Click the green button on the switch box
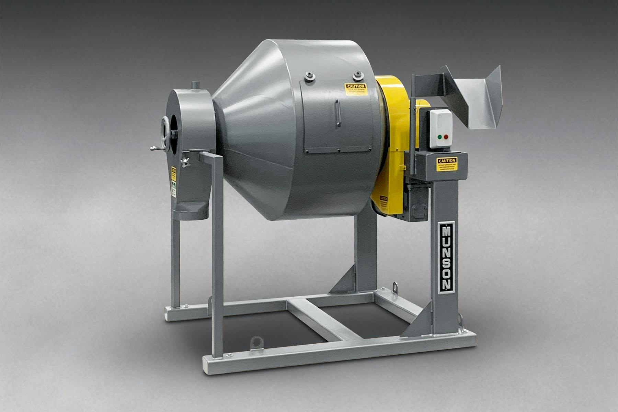(x=439, y=137)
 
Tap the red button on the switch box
(x=446, y=137)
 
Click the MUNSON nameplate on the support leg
(x=447, y=257)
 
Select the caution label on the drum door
(x=356, y=89)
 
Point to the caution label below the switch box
(x=447, y=164)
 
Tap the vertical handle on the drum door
(x=338, y=113)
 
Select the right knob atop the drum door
(x=358, y=74)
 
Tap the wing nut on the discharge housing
(x=186, y=162)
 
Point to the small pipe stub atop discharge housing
(x=195, y=84)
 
